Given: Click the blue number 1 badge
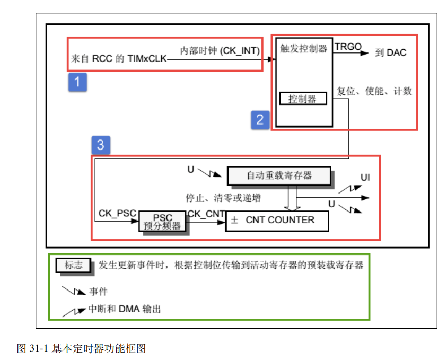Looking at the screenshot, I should tap(77, 83).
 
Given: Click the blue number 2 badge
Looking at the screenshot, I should tap(260, 119).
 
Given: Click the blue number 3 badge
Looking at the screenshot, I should tap(101, 145).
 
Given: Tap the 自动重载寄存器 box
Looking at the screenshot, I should tap(279, 176).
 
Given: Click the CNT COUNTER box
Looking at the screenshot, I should tap(277, 220).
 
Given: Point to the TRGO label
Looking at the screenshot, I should tap(348, 47).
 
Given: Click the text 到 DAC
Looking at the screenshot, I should tap(391, 52).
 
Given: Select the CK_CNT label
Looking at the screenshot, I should tap(206, 213).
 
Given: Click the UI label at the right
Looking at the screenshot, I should tap(365, 177).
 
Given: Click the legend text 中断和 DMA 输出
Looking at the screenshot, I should tap(124, 309).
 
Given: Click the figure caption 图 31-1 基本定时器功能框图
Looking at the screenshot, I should tap(82, 348).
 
